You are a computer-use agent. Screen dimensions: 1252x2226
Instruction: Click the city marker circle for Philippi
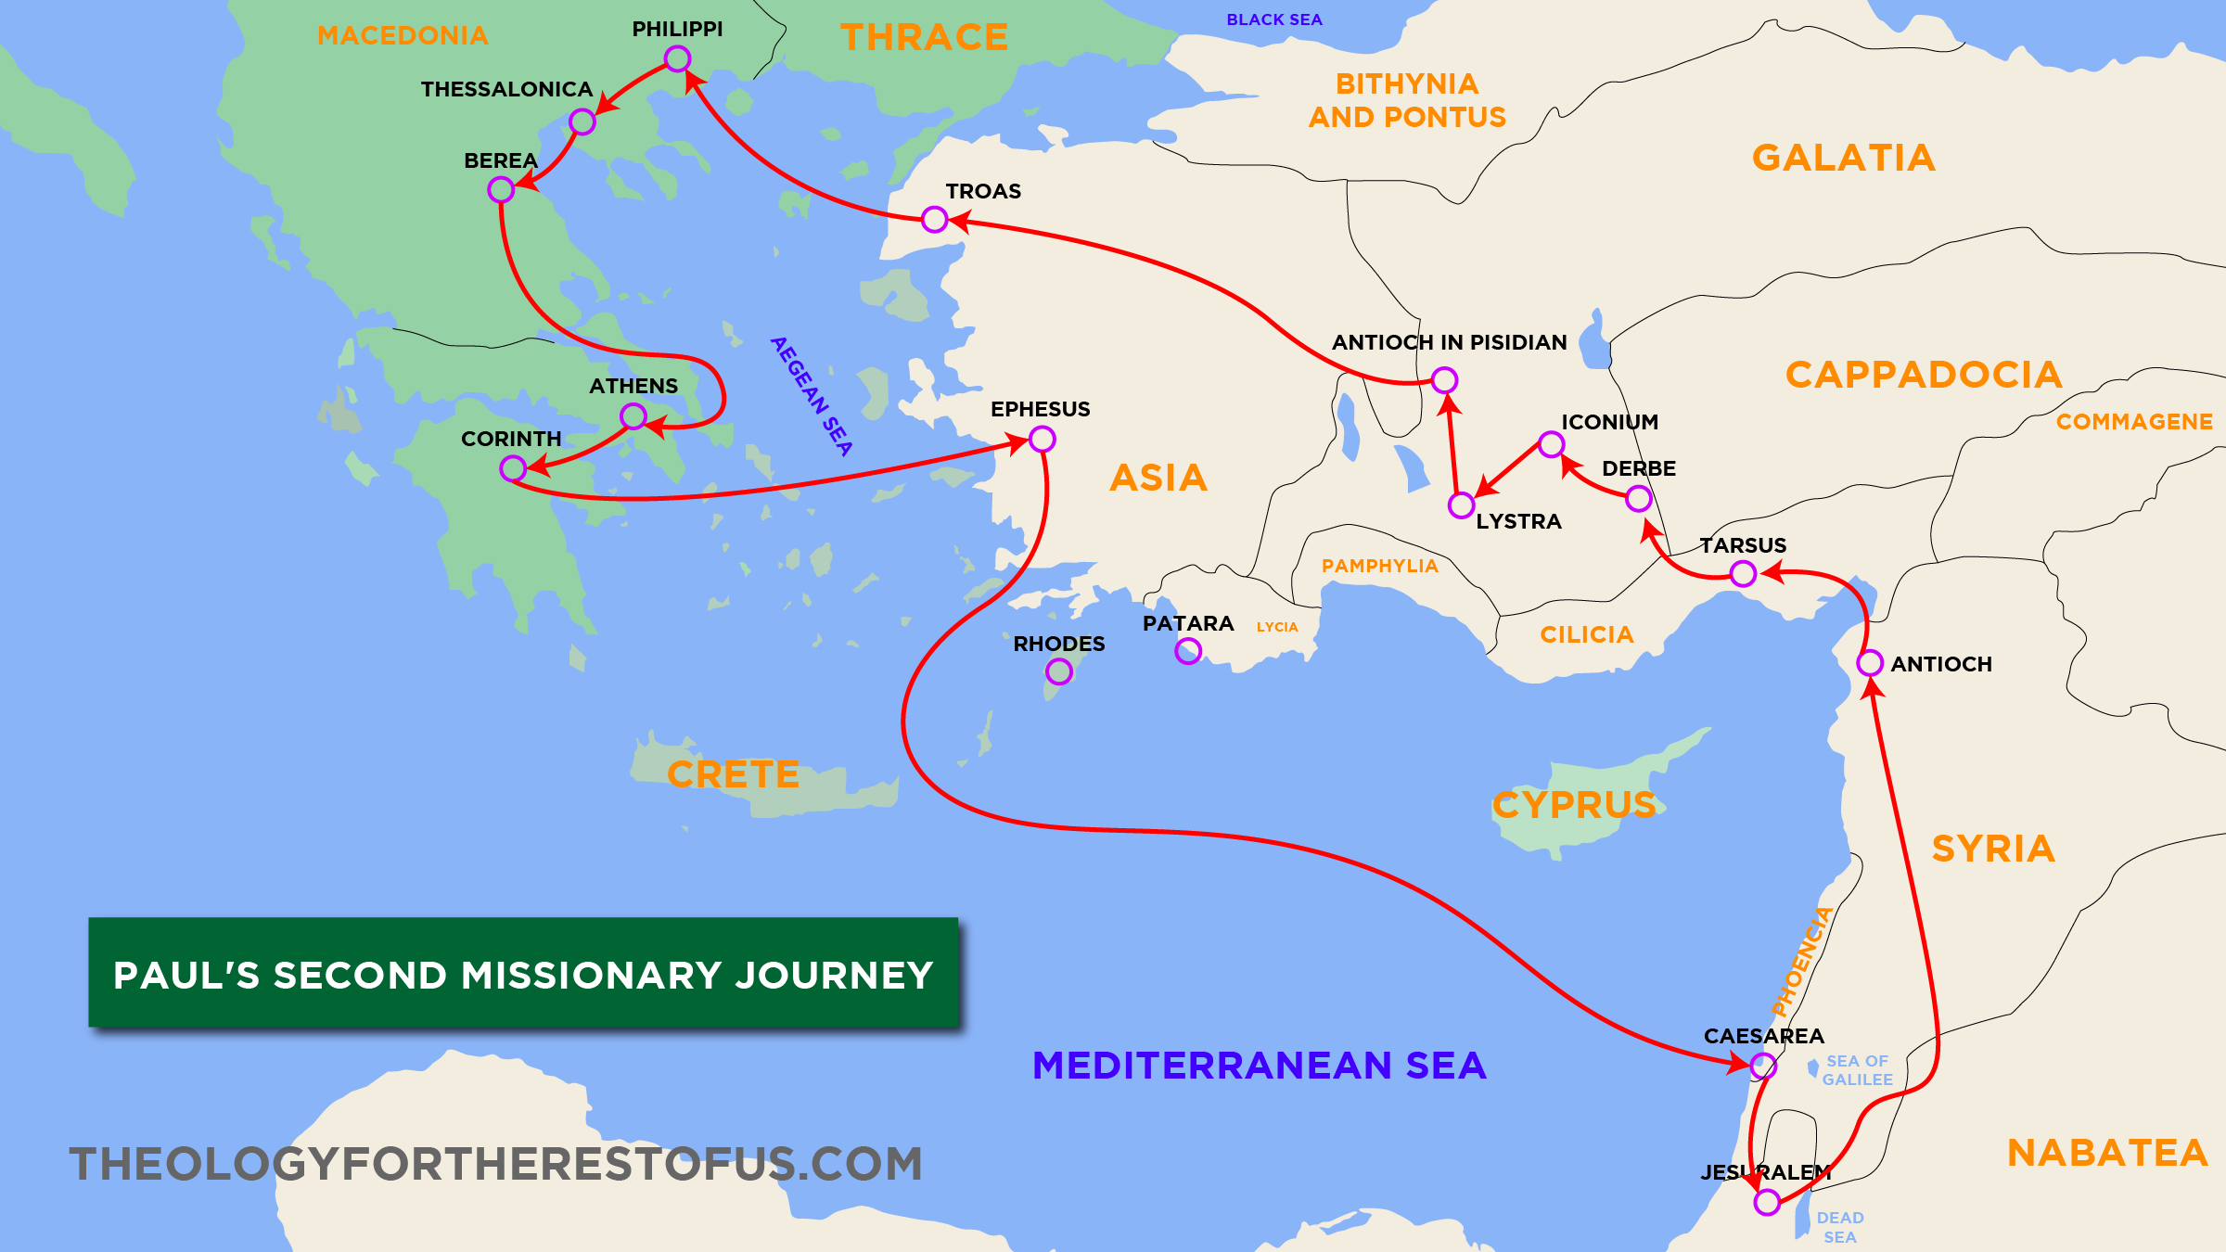pyautogui.click(x=678, y=59)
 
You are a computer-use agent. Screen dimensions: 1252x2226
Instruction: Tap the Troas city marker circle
pyautogui.click(x=935, y=220)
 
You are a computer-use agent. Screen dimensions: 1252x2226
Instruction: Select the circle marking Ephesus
pyautogui.click(x=1043, y=439)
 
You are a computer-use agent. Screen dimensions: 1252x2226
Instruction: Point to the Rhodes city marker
pyautogui.click(x=1059, y=671)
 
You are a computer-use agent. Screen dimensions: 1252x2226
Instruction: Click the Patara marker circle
pyautogui.click(x=1188, y=651)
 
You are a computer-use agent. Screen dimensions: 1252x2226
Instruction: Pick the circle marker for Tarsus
pyautogui.click(x=1744, y=574)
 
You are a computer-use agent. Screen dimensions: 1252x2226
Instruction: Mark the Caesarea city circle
pyautogui.click(x=1763, y=1067)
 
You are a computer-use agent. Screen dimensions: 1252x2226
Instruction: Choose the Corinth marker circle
pyautogui.click(x=513, y=468)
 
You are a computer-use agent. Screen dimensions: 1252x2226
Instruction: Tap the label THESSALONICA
pyautogui.click(x=506, y=89)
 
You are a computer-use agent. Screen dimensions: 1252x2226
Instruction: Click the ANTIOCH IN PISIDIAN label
pyautogui.click(x=1449, y=342)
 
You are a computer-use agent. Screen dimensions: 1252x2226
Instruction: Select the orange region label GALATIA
pyautogui.click(x=1844, y=158)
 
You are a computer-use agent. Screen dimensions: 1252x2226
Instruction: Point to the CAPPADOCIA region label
pyautogui.click(x=1924, y=375)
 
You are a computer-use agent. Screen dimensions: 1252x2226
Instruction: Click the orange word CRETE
pyautogui.click(x=733, y=774)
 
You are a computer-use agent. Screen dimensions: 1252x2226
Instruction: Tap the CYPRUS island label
pyautogui.click(x=1574, y=805)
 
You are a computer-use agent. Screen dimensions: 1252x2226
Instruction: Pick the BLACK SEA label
pyautogui.click(x=1274, y=19)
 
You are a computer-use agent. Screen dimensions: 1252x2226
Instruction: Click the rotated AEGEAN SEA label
pyautogui.click(x=812, y=396)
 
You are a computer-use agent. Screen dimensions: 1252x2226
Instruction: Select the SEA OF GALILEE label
pyautogui.click(x=1857, y=1070)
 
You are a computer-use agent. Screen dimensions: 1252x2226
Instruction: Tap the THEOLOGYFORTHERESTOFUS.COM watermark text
pyautogui.click(x=496, y=1164)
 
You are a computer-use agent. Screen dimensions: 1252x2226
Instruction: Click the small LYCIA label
pyautogui.click(x=1277, y=627)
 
